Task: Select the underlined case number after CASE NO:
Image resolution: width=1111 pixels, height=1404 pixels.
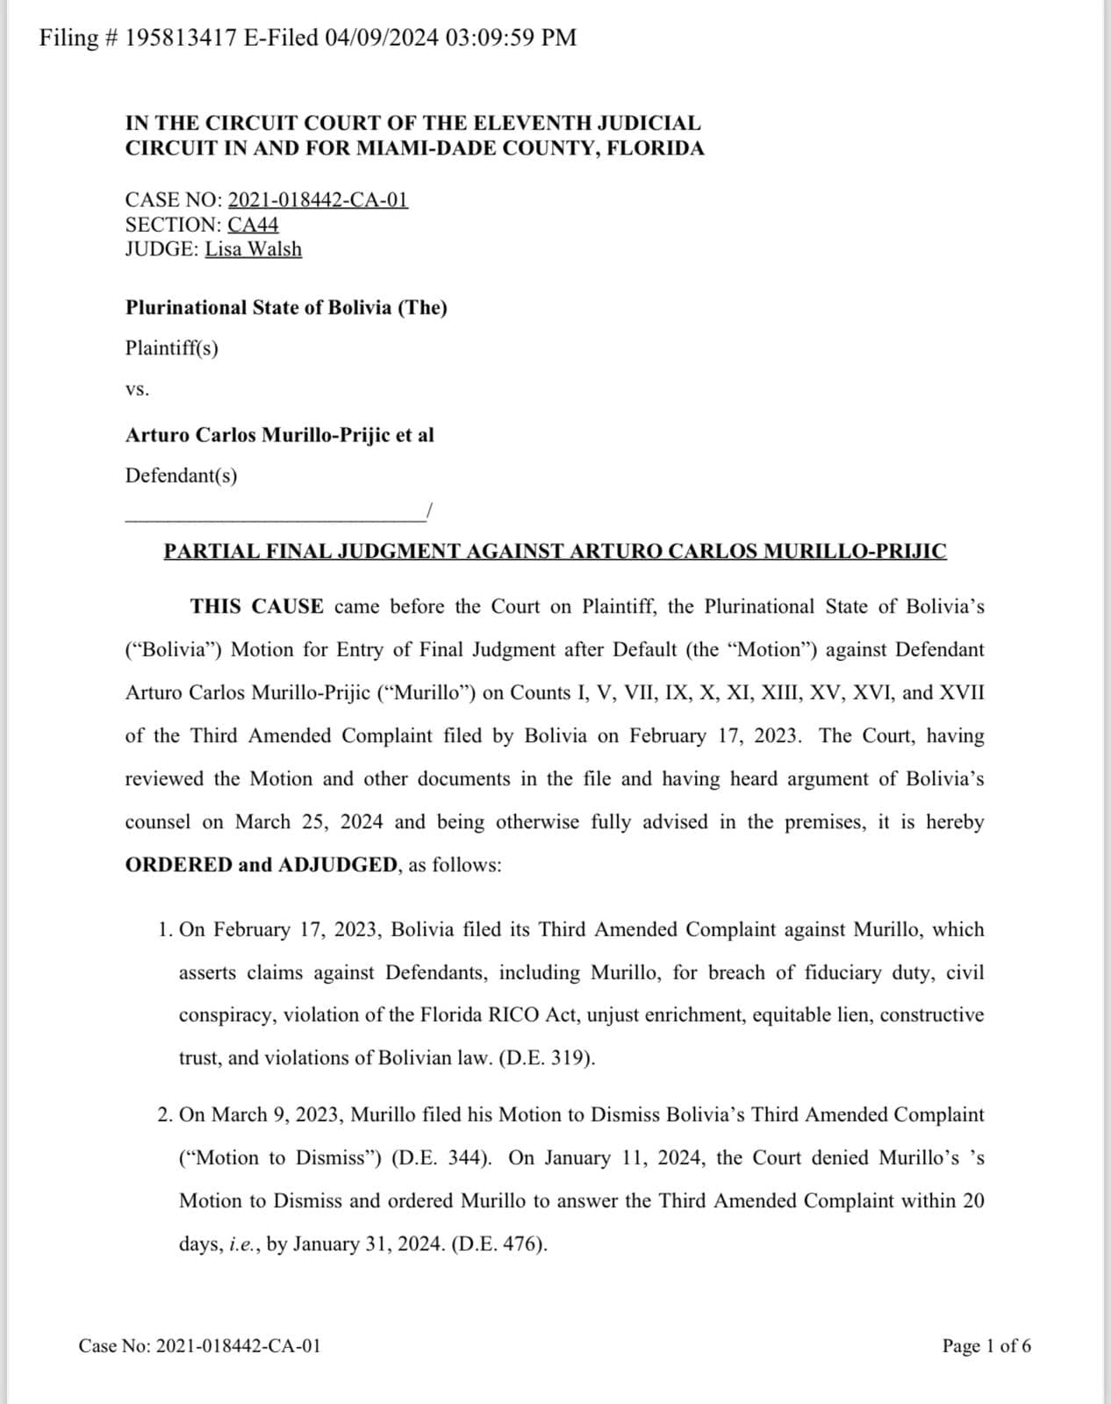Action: pyautogui.click(x=318, y=200)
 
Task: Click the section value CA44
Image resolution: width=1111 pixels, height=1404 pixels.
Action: pyautogui.click(x=253, y=225)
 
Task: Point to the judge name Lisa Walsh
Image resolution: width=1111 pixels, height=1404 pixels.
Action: pyautogui.click(x=254, y=249)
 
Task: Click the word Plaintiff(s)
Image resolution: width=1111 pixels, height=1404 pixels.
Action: pyautogui.click(x=172, y=348)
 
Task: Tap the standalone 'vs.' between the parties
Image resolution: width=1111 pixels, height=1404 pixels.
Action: pyautogui.click(x=137, y=390)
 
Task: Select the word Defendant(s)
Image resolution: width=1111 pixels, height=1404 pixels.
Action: pyautogui.click(x=181, y=476)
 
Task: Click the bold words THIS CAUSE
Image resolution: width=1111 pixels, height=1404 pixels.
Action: pyautogui.click(x=257, y=606)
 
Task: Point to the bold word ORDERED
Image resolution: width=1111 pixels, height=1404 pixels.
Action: pyautogui.click(x=178, y=865)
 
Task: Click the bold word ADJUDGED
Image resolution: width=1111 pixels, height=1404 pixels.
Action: pyautogui.click(x=338, y=865)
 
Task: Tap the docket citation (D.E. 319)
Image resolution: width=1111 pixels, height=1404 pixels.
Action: pyautogui.click(x=547, y=1058)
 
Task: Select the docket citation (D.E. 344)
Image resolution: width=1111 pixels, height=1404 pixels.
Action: pyautogui.click(x=441, y=1158)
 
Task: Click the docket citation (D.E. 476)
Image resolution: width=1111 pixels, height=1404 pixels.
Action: pyautogui.click(x=499, y=1244)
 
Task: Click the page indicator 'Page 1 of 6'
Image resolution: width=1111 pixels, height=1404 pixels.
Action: pyautogui.click(x=986, y=1346)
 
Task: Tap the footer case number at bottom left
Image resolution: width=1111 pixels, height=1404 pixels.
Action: pyautogui.click(x=200, y=1346)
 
